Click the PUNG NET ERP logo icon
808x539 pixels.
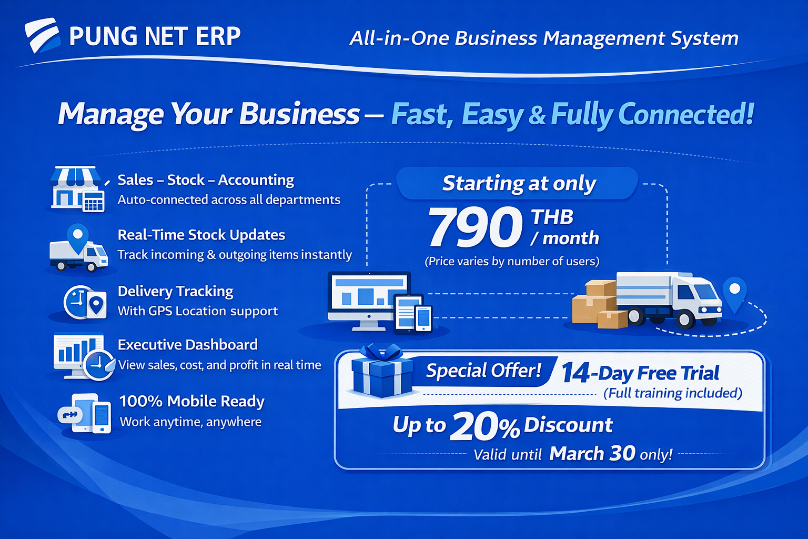point(42,35)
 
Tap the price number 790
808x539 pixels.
point(474,227)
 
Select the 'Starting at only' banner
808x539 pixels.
point(518,183)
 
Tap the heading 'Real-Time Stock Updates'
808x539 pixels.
point(201,235)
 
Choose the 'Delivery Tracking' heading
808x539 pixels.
point(175,291)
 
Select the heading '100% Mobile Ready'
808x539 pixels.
point(191,401)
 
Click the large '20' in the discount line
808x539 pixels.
point(473,426)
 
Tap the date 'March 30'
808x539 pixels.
point(592,453)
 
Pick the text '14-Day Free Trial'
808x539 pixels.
point(640,373)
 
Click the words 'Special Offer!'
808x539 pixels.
point(483,371)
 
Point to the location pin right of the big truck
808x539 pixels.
point(734,292)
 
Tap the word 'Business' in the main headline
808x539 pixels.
point(299,114)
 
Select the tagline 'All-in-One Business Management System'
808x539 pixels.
point(544,38)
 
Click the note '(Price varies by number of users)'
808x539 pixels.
point(512,262)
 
